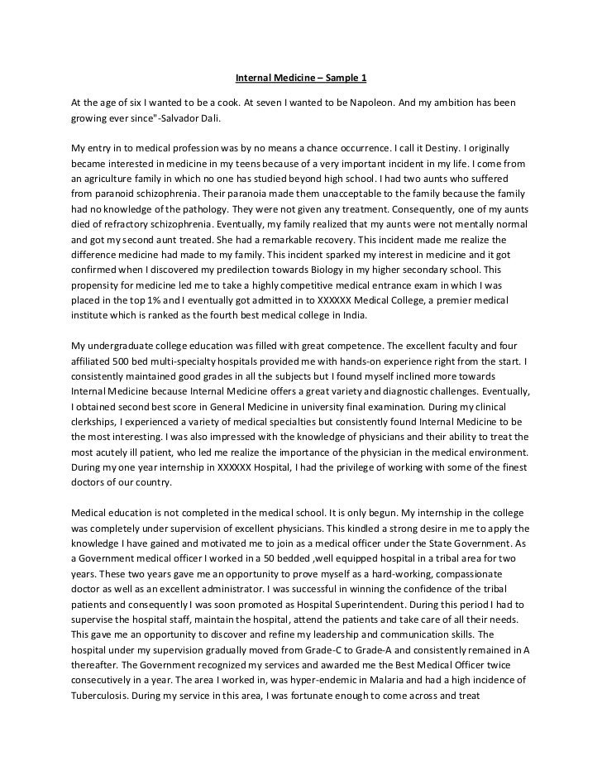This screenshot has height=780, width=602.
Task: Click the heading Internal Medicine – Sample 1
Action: pos(300,79)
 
